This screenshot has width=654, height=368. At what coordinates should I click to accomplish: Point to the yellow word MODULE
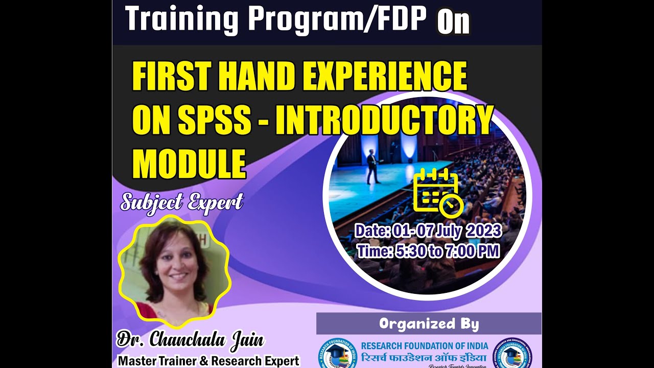pyautogui.click(x=189, y=163)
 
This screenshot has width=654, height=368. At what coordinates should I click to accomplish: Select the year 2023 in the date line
pyautogui.click(x=482, y=231)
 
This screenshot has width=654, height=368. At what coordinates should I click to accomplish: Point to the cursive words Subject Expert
pyautogui.click(x=181, y=202)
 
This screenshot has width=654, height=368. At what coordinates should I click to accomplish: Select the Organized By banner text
pyautogui.click(x=429, y=324)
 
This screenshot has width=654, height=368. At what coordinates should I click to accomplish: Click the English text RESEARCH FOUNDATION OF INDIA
pyautogui.click(x=424, y=346)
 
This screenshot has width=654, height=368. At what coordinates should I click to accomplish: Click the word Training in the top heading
pyautogui.click(x=181, y=20)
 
